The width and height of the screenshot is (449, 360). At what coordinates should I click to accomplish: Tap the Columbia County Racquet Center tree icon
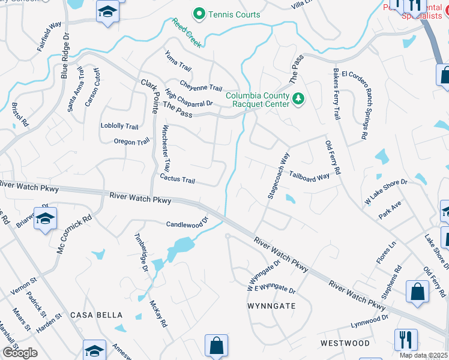click(x=298, y=98)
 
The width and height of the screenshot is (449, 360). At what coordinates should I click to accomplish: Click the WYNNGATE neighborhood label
click(x=271, y=305)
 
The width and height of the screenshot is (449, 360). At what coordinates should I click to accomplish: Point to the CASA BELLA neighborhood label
click(x=97, y=315)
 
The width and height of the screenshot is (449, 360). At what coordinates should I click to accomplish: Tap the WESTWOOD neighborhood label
click(x=345, y=343)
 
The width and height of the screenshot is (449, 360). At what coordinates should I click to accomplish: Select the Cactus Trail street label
click(x=178, y=179)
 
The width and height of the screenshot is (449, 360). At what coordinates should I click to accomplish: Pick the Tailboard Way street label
click(x=310, y=176)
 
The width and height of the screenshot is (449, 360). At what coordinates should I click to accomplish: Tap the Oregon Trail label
click(x=131, y=142)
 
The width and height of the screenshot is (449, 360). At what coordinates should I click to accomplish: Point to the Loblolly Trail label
click(x=119, y=127)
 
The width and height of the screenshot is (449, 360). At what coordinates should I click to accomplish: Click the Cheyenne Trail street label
click(x=202, y=86)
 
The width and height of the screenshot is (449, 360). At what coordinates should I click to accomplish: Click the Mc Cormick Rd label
click(x=74, y=233)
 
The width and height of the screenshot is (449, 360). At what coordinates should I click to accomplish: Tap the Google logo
click(x=19, y=353)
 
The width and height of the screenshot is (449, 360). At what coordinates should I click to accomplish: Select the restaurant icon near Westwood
click(x=406, y=339)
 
